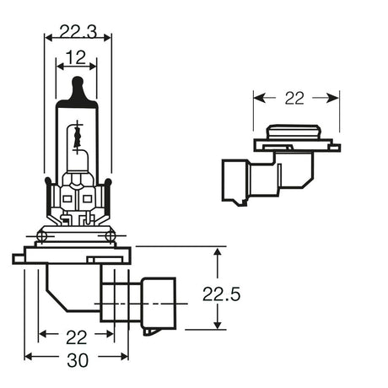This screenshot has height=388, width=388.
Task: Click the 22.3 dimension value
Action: (78, 33)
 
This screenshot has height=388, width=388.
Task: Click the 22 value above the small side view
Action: (294, 98)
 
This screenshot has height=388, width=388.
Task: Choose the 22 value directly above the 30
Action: (77, 337)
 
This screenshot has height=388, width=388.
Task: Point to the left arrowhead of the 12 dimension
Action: (59, 64)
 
